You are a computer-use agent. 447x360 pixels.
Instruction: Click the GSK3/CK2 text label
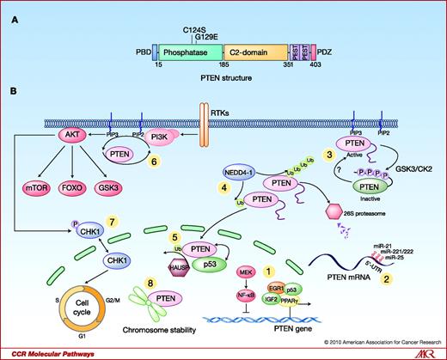[395, 173]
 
